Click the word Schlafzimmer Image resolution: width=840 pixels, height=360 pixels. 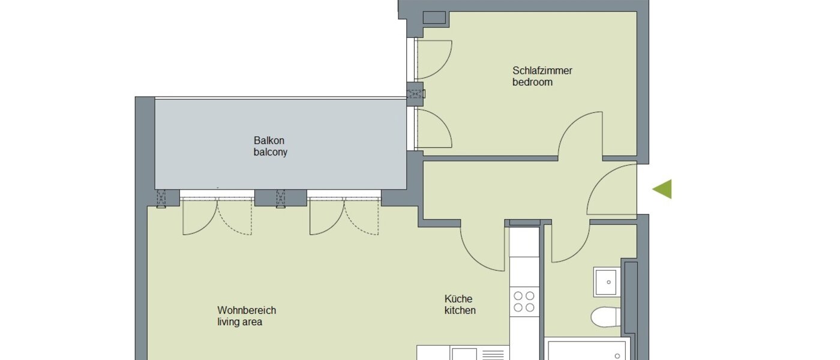point(542,70)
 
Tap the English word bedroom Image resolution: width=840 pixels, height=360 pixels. point(532,82)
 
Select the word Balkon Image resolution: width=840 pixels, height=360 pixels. point(269,140)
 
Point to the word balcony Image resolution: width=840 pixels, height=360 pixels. point(270,152)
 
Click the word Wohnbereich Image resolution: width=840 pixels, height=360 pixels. point(247,310)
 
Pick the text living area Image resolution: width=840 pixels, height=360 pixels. point(240,322)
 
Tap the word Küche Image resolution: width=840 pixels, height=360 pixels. point(458,298)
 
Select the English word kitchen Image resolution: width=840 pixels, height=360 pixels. point(460,310)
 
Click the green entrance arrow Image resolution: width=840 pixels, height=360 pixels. point(662,189)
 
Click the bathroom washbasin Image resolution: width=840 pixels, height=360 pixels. point(605,281)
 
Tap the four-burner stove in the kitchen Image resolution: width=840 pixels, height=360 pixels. point(523,301)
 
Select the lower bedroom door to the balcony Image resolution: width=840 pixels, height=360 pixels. point(432,128)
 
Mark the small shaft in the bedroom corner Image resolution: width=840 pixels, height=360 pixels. point(434,18)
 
